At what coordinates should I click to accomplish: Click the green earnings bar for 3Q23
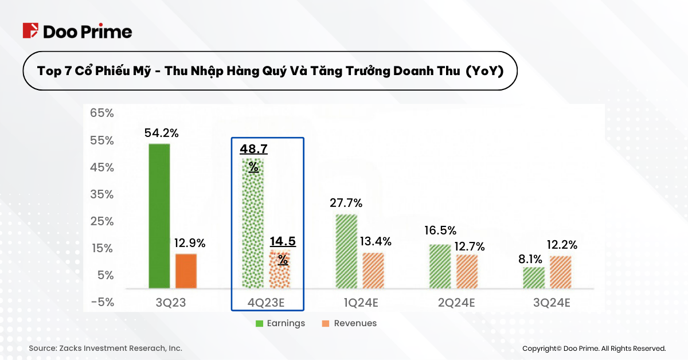(159, 216)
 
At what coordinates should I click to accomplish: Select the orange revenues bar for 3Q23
(186, 271)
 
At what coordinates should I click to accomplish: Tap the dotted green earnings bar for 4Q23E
(252, 224)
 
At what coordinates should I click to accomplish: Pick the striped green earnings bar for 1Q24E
(346, 251)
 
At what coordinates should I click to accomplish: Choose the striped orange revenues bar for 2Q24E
(467, 271)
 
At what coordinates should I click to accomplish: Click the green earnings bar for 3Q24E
(534, 277)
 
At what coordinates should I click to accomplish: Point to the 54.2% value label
(161, 133)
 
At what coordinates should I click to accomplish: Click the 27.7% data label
(346, 203)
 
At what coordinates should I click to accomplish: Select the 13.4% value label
(376, 241)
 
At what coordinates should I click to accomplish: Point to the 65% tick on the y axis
(102, 113)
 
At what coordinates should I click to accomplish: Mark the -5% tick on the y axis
(102, 302)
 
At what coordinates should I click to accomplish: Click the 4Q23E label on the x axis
(267, 302)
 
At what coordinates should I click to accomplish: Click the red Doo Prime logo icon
(30, 31)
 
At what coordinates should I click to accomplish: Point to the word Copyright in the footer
(542, 348)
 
